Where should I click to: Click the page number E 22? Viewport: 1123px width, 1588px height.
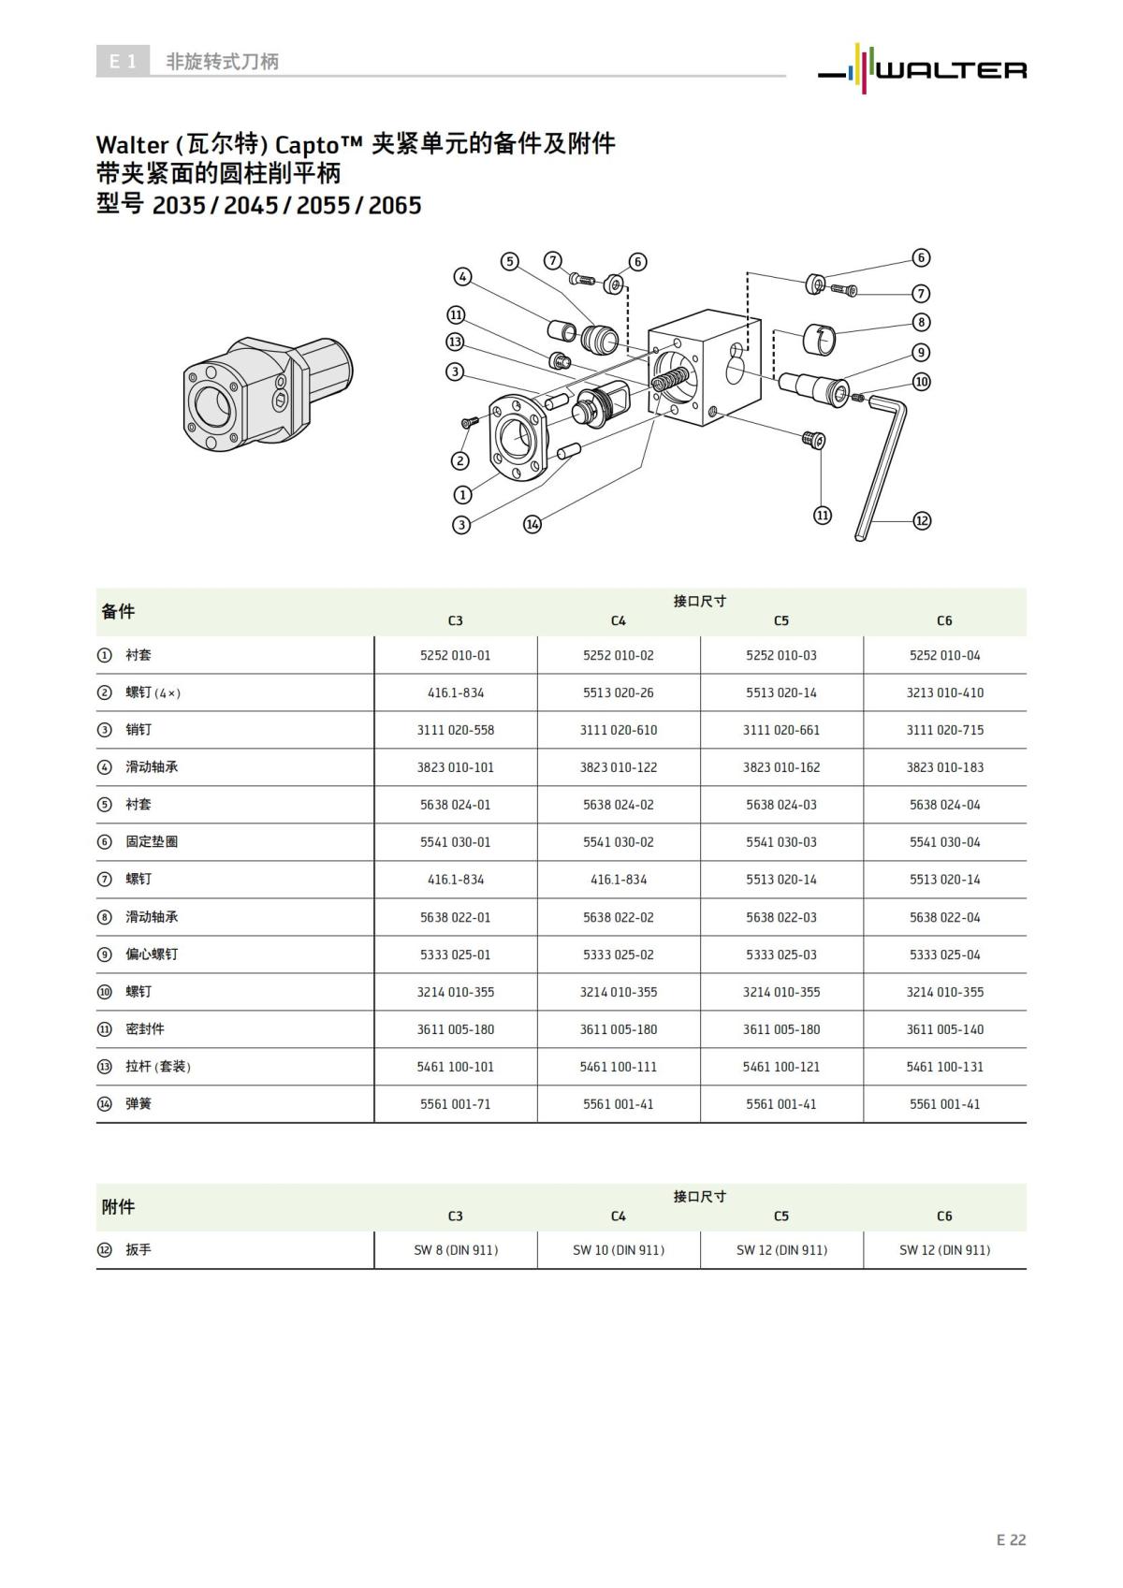click(x=1011, y=1539)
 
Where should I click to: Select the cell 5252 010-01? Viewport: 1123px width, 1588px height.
click(x=455, y=655)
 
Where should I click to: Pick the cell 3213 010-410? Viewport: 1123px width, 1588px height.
click(x=944, y=692)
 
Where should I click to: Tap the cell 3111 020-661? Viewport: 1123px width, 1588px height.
click(x=780, y=730)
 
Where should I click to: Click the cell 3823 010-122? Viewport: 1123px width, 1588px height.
click(x=618, y=767)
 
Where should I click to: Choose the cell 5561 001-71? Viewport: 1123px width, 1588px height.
click(x=455, y=1104)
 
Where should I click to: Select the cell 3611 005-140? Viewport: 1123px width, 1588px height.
click(x=944, y=1029)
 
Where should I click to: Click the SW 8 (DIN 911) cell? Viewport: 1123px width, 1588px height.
click(x=455, y=1250)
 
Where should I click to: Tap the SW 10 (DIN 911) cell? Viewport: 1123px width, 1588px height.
click(x=618, y=1250)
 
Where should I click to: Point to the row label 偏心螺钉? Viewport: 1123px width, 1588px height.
click(x=152, y=954)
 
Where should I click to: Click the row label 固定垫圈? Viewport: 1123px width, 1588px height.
click(x=152, y=842)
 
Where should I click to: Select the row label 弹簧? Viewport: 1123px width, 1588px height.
click(x=139, y=1104)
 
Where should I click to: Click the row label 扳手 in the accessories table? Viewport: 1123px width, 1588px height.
click(x=139, y=1250)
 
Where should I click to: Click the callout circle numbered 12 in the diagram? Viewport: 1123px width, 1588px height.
click(x=922, y=520)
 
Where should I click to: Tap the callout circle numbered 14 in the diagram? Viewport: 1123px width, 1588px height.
click(x=532, y=524)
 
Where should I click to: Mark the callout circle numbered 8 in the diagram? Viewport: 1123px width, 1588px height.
click(x=922, y=322)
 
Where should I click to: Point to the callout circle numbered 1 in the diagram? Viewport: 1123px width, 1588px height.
click(x=462, y=495)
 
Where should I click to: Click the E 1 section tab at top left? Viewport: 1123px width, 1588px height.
click(x=123, y=62)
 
